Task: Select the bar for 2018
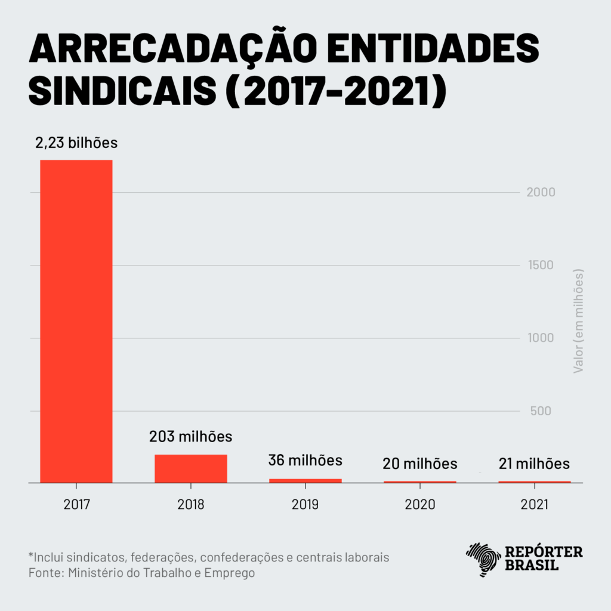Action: coord(190,468)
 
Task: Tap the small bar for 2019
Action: coord(305,480)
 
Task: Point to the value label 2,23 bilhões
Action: coord(76,143)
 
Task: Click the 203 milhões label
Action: coord(190,437)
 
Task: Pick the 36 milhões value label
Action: coord(305,461)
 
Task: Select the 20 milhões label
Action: coord(420,464)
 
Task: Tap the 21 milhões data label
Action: coord(534,464)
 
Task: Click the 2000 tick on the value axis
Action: coord(542,193)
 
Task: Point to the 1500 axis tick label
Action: coord(542,266)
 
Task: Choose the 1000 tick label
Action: coord(542,338)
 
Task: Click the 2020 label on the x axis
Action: coord(420,504)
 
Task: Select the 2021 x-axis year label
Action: coord(535,504)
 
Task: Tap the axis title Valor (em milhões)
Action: coord(578,321)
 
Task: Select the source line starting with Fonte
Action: coord(141,573)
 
